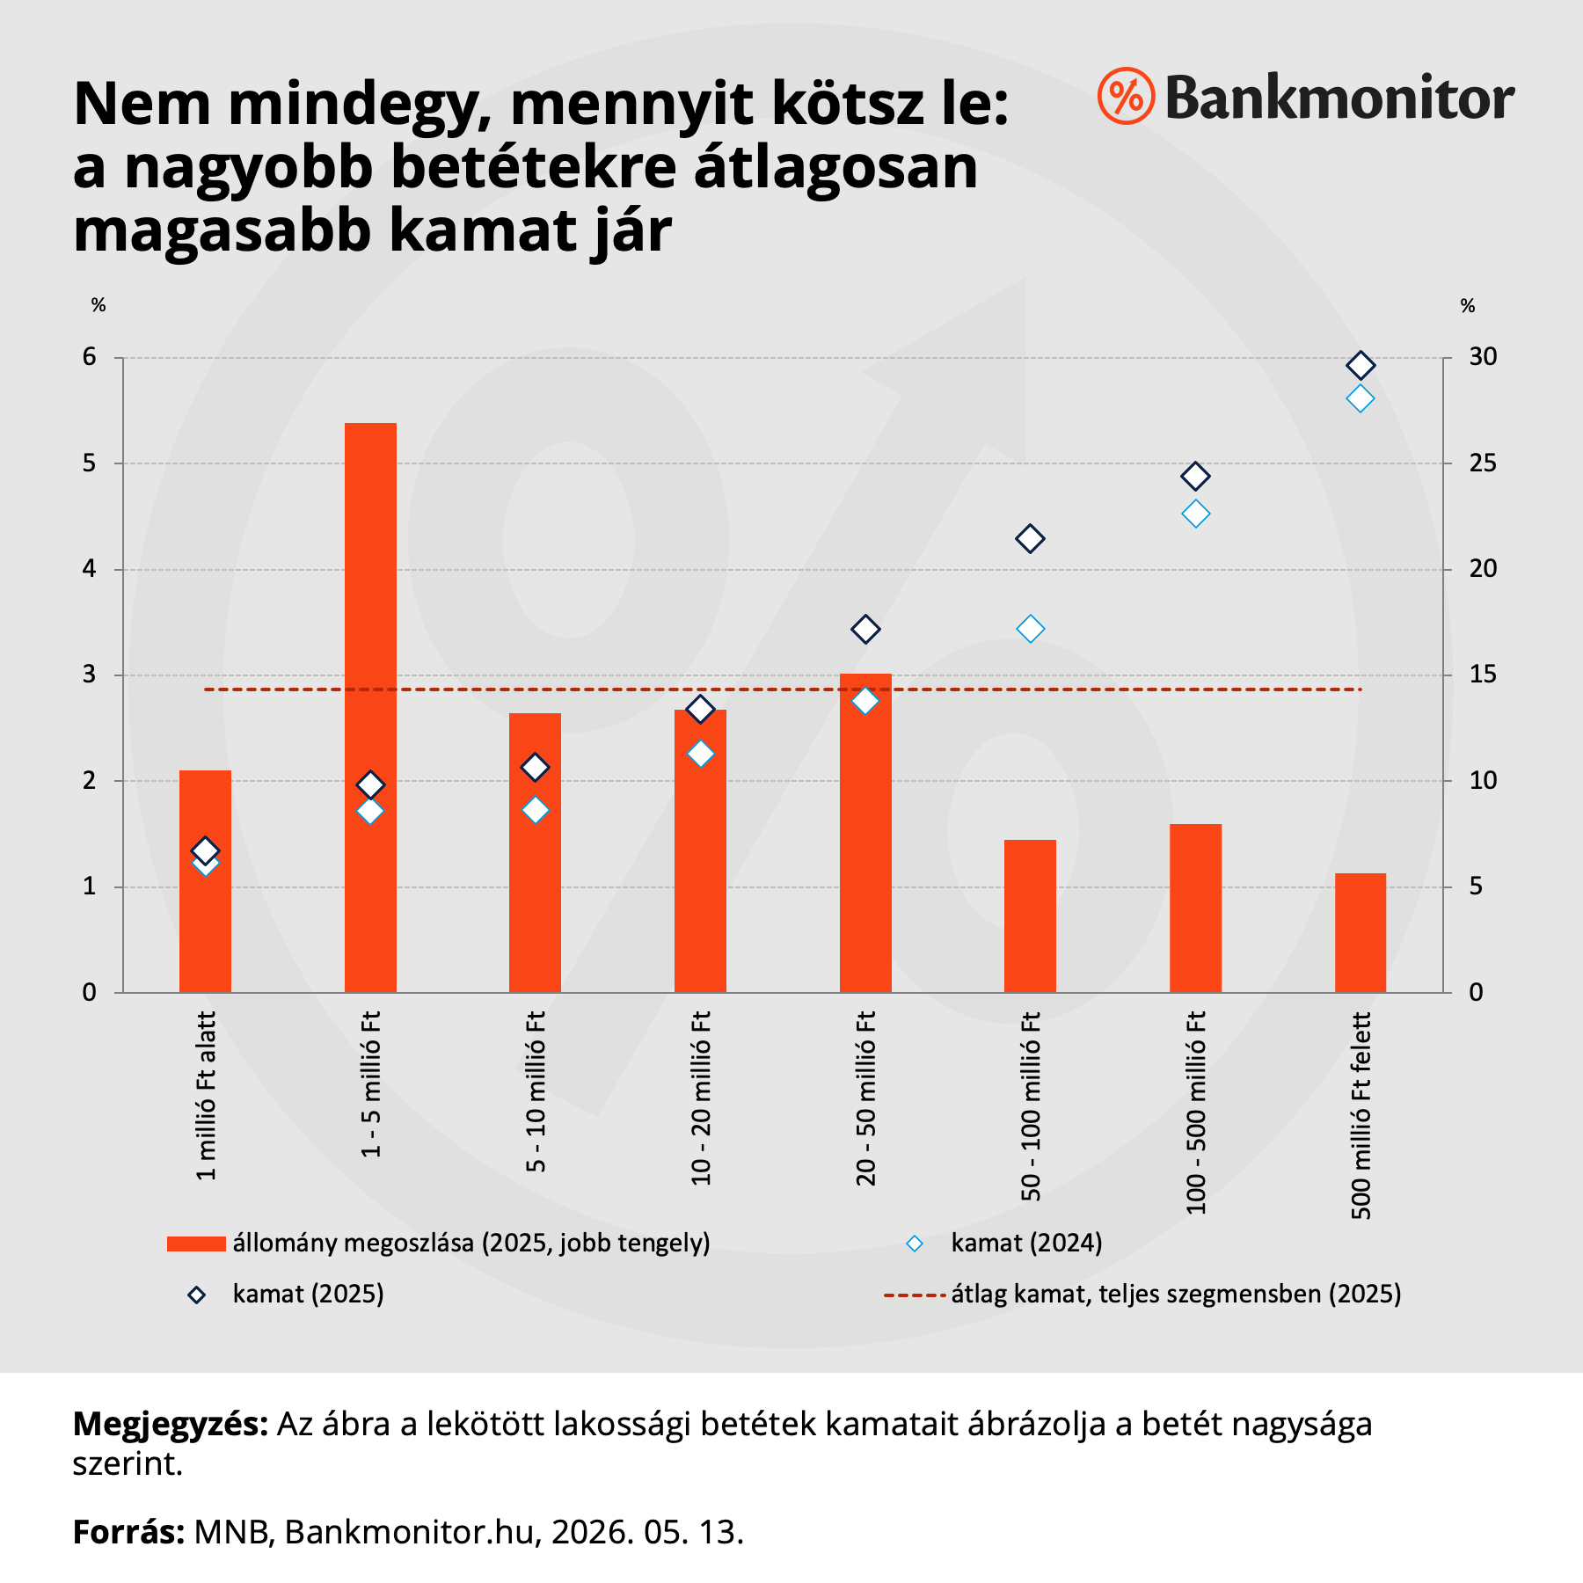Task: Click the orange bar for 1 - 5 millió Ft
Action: tap(370, 708)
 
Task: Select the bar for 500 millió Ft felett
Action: tap(1361, 933)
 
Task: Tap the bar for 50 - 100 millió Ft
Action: tap(1030, 916)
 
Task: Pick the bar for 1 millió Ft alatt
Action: tap(205, 881)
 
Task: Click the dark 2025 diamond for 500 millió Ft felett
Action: tap(1361, 365)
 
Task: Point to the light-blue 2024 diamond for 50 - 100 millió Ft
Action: tap(1030, 629)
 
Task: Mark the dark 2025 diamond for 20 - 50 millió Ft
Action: tap(865, 630)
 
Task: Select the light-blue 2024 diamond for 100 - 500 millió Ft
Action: tap(1195, 514)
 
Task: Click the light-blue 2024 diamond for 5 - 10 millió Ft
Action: tap(536, 810)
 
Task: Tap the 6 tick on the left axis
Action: tap(90, 357)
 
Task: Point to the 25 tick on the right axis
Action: tap(1483, 463)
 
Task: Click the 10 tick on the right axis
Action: tap(1483, 781)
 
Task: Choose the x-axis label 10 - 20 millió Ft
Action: tap(701, 1098)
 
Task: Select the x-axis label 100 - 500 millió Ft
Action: tap(1196, 1112)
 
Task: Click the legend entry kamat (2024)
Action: tap(1026, 1244)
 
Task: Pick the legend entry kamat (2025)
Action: tap(308, 1295)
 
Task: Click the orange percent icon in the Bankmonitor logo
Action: tap(1126, 96)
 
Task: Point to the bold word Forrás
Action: tap(128, 1532)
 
